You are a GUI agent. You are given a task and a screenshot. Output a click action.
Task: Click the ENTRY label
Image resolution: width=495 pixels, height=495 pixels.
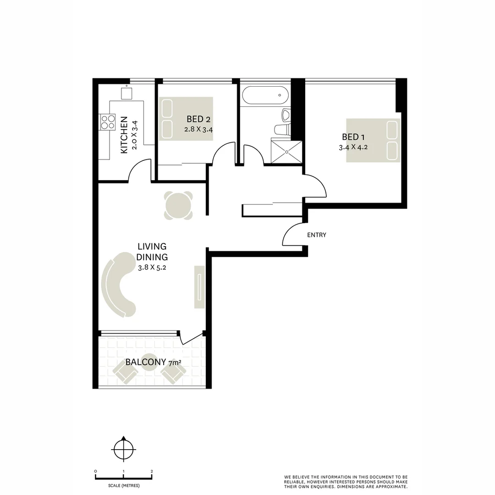(x=316, y=235)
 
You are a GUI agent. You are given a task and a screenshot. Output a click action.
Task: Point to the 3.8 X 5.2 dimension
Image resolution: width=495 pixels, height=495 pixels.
(x=151, y=268)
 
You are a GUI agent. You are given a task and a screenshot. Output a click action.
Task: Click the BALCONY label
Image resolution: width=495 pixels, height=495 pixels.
(x=145, y=362)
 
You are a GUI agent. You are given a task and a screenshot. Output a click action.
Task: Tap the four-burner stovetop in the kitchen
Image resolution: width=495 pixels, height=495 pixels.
(x=108, y=121)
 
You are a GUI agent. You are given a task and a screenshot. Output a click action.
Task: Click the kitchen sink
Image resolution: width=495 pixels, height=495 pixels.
(x=126, y=93)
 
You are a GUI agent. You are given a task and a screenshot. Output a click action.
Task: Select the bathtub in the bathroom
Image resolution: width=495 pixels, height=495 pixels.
(x=265, y=95)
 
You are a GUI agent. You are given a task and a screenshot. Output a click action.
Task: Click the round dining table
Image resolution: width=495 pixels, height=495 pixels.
(x=178, y=205)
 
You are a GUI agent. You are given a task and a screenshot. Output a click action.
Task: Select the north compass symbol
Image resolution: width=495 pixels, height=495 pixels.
(x=123, y=449)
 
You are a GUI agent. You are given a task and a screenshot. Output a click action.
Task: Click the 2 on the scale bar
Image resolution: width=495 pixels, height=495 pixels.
(x=152, y=471)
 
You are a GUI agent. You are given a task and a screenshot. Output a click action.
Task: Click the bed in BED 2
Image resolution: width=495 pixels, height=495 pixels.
(x=186, y=119)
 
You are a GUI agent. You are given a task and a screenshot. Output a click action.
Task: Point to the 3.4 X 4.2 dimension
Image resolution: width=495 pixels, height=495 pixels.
(x=353, y=148)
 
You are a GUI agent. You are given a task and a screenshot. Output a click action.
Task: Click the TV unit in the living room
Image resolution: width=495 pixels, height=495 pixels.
(x=200, y=286)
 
